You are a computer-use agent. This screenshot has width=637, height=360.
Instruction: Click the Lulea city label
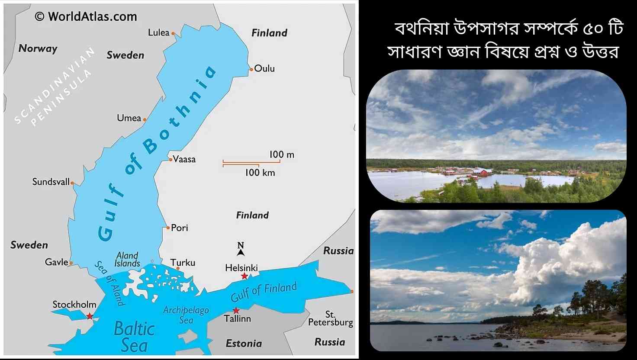pos(158,32)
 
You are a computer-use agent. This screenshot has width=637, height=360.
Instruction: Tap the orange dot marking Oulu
pos(251,69)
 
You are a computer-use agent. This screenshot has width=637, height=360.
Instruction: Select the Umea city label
pos(129,118)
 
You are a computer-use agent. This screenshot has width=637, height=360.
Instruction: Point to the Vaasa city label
pos(184,159)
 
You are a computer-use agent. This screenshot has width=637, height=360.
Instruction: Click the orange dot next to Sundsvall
pos(72,183)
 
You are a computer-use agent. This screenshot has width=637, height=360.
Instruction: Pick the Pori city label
pos(180,228)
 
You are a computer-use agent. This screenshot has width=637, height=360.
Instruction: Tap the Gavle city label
pos(57,262)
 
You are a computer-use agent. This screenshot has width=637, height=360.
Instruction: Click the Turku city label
pos(183,263)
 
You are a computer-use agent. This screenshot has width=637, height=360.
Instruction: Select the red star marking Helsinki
pos(245,276)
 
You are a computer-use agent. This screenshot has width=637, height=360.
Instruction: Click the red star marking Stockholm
pos(90,316)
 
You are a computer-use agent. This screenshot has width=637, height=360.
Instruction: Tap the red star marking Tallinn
pos(236,311)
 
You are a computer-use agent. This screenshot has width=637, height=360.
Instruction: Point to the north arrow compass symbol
pos(241,249)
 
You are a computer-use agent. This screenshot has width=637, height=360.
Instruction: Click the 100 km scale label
pos(260,173)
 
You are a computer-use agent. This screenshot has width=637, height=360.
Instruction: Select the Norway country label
pos(38,48)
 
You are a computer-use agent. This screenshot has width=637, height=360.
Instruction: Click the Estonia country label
pos(244,344)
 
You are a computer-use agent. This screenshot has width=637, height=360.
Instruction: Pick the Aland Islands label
pos(127,259)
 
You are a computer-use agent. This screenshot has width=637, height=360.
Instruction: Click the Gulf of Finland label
pos(264,292)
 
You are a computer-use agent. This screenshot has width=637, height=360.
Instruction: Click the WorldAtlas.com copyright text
pos(86,16)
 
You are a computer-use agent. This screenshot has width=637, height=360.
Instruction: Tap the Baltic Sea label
pos(134,337)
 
